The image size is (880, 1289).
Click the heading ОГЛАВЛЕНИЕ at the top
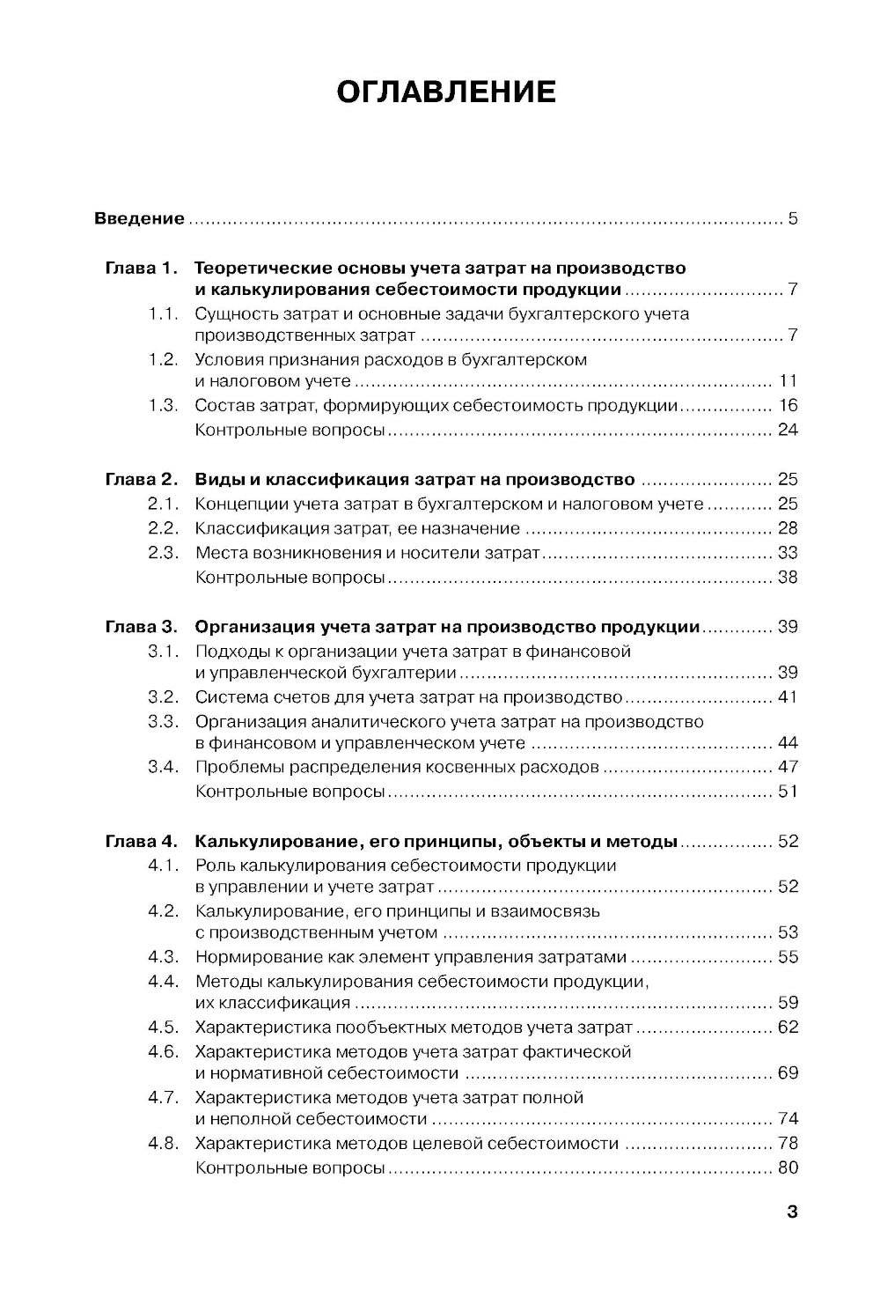click(446, 92)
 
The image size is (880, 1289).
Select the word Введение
click(139, 218)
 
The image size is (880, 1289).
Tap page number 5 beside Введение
click(793, 218)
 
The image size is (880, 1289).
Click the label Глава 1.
click(141, 268)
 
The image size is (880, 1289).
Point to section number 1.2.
click(164, 359)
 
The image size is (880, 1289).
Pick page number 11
click(788, 381)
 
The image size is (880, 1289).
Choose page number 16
click(788, 406)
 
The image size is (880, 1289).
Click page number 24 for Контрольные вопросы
click(788, 431)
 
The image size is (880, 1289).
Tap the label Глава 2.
click(141, 480)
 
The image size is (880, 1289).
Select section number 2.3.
click(164, 553)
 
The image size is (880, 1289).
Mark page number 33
click(788, 553)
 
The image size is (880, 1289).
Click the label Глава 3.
click(141, 627)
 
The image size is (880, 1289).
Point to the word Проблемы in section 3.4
click(235, 767)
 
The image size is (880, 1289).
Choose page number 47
click(788, 767)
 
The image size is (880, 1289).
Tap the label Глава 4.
click(141, 841)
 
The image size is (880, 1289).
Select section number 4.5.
click(164, 1028)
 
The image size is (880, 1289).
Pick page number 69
click(788, 1073)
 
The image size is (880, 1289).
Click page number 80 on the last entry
click(788, 1168)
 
